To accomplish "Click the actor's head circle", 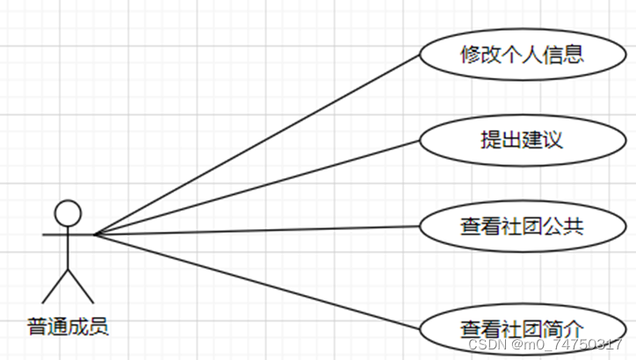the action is tap(68, 212).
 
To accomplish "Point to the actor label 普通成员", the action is tap(68, 328).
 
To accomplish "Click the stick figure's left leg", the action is tap(56, 285).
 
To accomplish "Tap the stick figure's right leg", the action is tap(80, 285).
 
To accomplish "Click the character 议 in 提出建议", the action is tap(552, 140).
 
